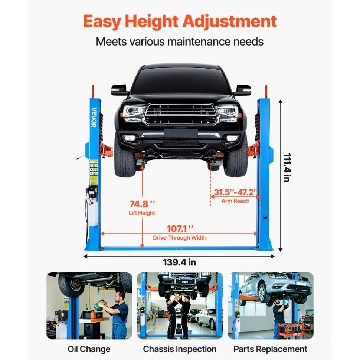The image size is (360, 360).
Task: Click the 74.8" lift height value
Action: (x=142, y=204)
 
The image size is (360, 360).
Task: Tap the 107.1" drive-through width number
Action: (x=180, y=229)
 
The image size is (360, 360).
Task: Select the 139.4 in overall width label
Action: (x=180, y=262)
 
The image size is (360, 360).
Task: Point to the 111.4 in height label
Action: (x=287, y=168)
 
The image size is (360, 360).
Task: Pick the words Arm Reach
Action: (x=235, y=201)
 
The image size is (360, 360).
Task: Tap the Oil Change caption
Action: (x=89, y=349)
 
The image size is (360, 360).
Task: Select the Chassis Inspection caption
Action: (x=180, y=349)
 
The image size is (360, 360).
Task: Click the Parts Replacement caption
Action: (x=270, y=349)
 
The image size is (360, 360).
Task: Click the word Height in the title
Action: (x=151, y=22)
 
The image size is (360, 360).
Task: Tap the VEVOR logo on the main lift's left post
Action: (x=94, y=117)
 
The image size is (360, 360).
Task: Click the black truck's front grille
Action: (x=181, y=114)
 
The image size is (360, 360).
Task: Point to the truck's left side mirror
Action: (x=119, y=90)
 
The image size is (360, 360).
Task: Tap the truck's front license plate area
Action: (x=181, y=133)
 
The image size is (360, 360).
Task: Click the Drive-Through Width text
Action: (x=180, y=238)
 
